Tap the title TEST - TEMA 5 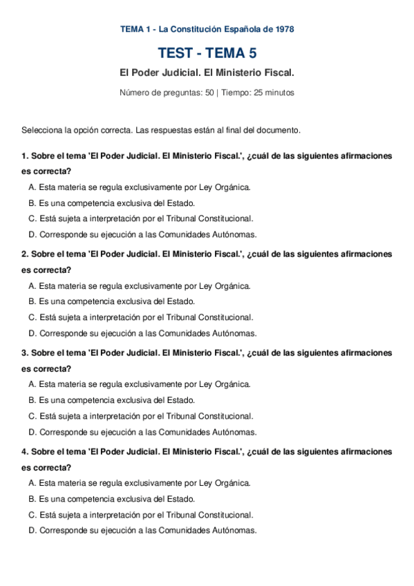point(207,53)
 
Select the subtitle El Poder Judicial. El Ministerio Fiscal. point(207,73)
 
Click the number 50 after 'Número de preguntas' point(209,93)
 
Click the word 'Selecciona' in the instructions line point(40,130)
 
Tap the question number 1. point(25,155)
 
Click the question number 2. point(25,254)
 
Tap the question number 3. point(25,353)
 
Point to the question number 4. point(25,452)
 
